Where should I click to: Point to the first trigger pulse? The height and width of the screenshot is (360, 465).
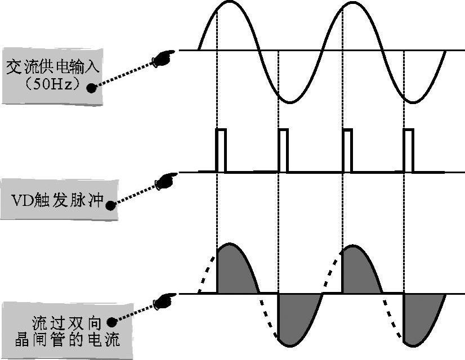click(221, 150)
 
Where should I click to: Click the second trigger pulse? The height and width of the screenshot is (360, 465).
click(283, 150)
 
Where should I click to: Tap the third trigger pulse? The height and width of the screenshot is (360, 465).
click(347, 150)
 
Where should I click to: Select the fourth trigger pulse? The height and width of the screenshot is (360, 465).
click(409, 150)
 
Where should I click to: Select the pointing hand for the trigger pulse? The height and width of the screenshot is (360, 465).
click(164, 181)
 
